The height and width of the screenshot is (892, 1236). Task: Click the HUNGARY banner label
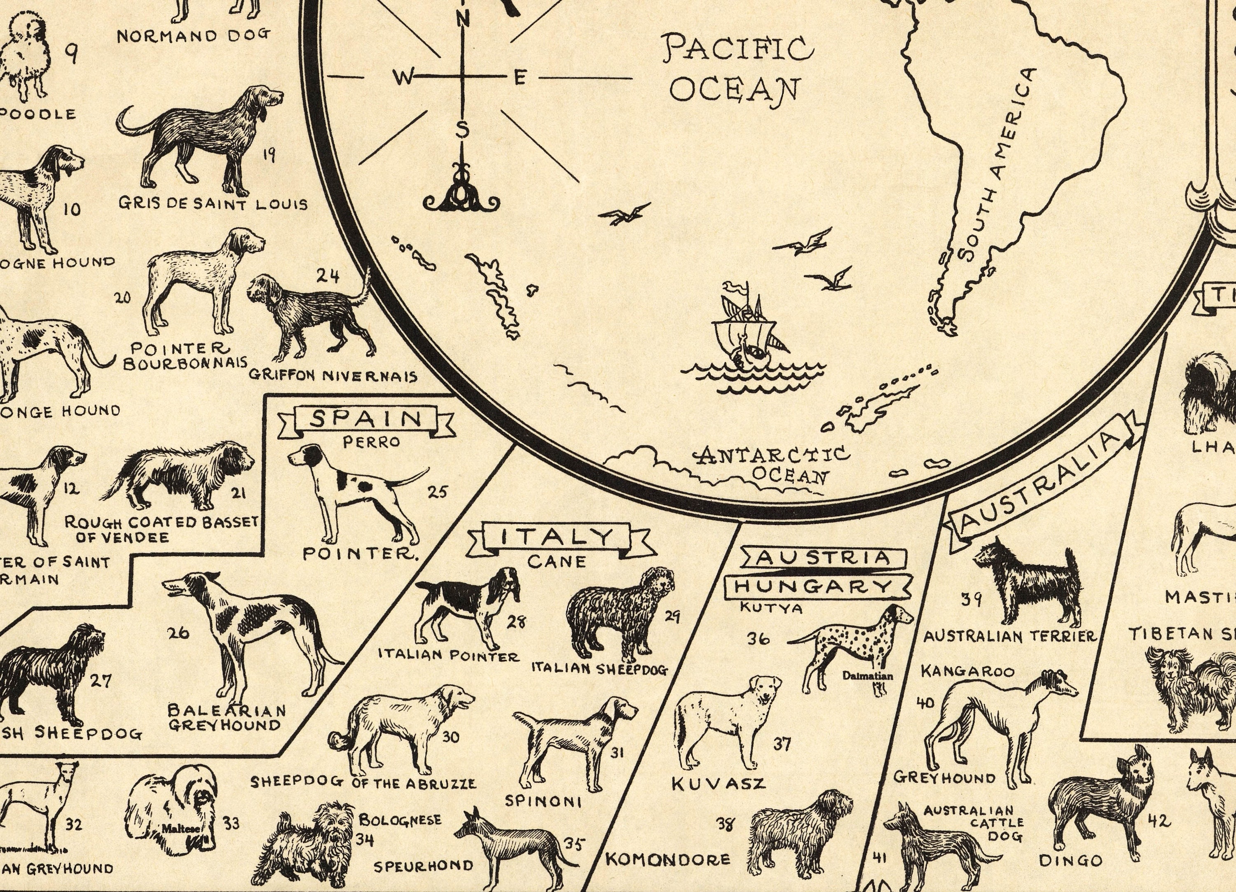(815, 586)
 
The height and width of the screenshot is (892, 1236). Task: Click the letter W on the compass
(404, 78)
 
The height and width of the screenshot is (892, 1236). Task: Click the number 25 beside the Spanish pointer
(437, 492)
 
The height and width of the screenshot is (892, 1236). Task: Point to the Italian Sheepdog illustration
(618, 613)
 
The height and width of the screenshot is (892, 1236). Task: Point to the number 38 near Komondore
(724, 824)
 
